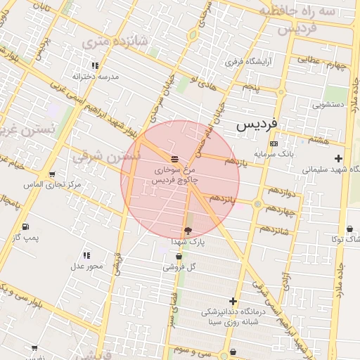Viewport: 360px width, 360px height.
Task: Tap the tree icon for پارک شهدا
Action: tap(188, 231)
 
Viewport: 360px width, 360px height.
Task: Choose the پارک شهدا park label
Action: tap(188, 241)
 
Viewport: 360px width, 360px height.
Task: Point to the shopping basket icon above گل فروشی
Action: tap(176, 257)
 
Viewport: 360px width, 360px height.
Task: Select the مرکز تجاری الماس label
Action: tap(52, 185)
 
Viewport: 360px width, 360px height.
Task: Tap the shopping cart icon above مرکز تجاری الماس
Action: tap(52, 174)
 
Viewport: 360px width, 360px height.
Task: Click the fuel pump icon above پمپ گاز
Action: tap(25, 227)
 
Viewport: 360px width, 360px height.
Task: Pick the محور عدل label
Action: tap(86, 266)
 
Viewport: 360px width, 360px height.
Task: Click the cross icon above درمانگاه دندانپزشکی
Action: tap(233, 301)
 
